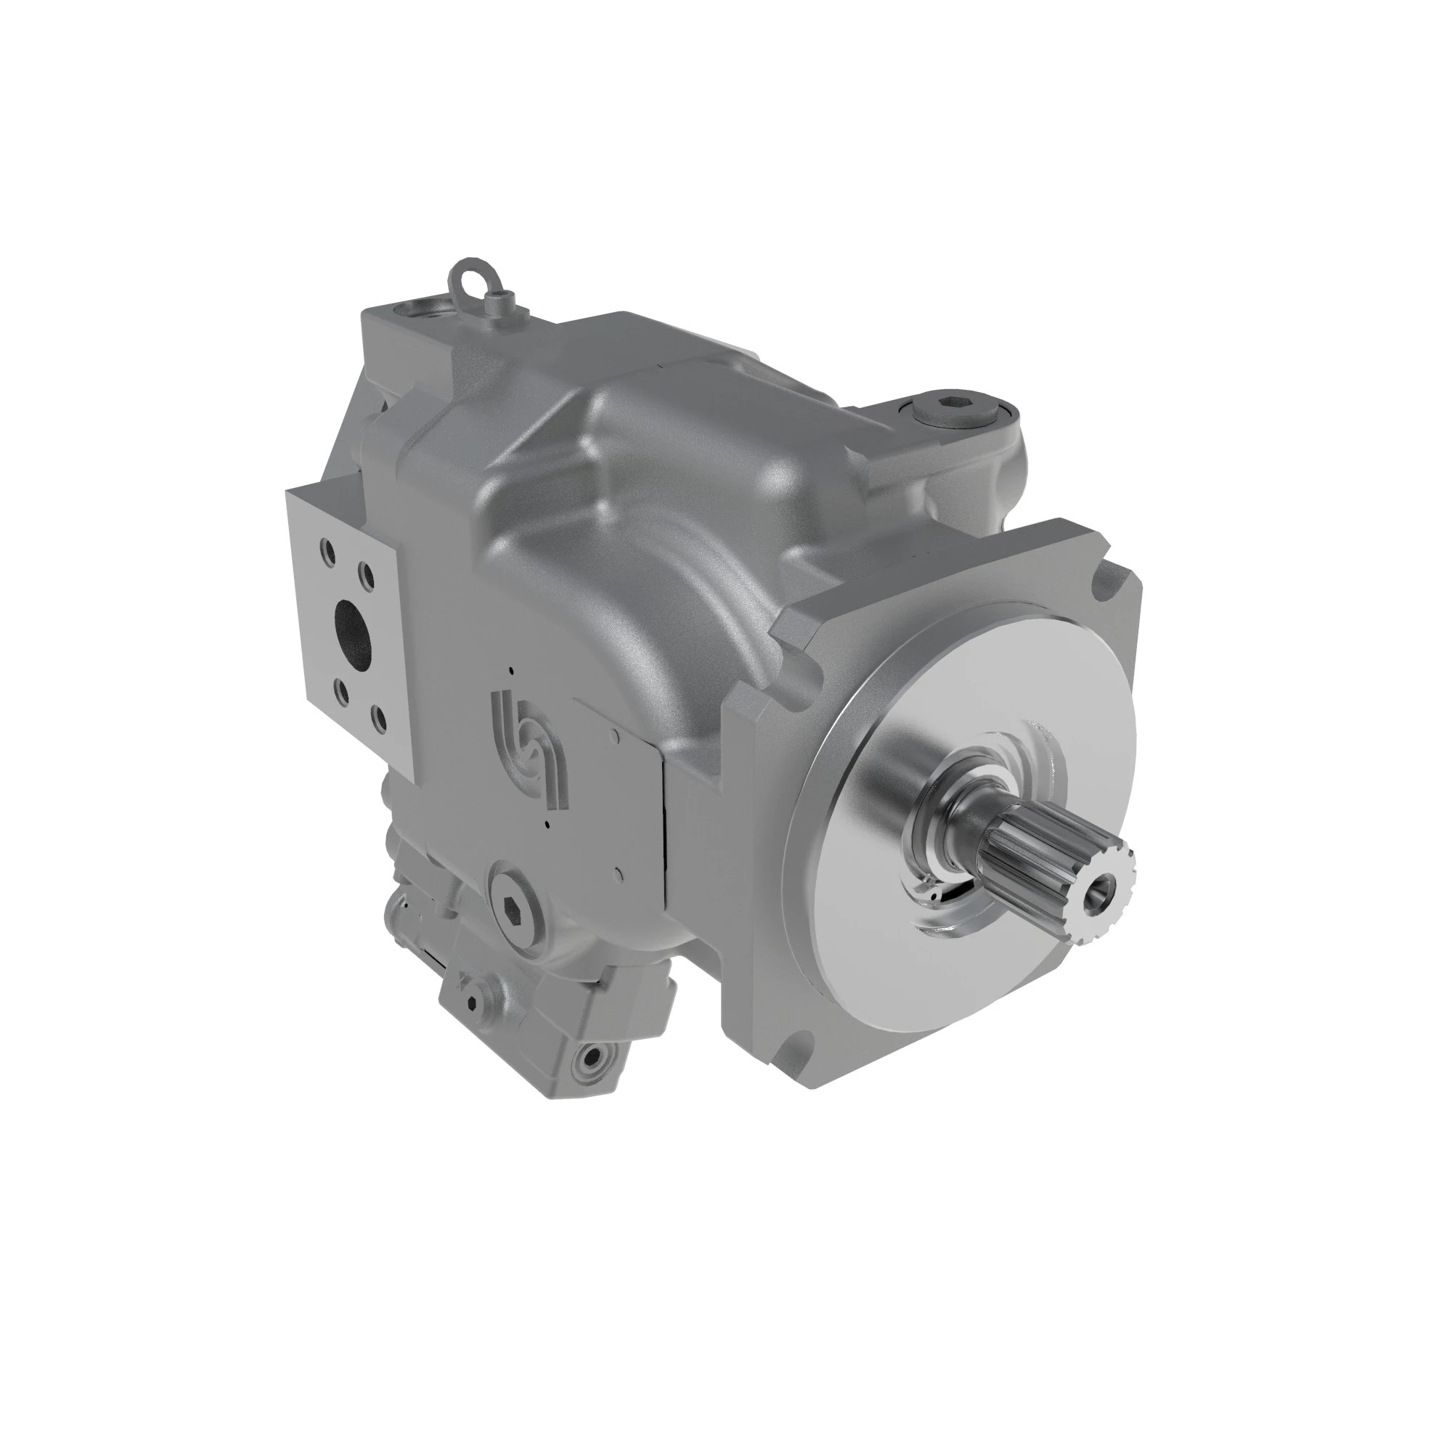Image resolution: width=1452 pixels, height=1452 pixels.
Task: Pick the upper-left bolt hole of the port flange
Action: pos(327,549)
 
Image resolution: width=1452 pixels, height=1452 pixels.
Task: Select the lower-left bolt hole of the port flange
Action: pos(341,689)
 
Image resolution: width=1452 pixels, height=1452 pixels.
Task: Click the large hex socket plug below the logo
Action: pos(515,913)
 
